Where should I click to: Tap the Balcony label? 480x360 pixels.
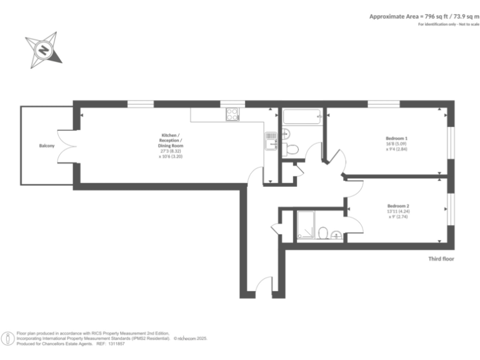click(x=46, y=146)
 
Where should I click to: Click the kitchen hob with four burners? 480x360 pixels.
click(x=232, y=114)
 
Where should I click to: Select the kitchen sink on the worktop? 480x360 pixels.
click(x=271, y=140)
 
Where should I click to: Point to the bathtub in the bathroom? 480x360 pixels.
click(x=301, y=116)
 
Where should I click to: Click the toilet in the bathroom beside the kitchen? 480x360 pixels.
click(x=291, y=149)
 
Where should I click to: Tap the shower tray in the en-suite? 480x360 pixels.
click(x=306, y=226)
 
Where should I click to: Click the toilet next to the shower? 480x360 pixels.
click(x=323, y=233)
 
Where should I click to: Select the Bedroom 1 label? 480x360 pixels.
click(x=396, y=138)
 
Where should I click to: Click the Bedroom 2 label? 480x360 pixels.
click(x=397, y=206)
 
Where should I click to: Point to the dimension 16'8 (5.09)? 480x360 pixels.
click(x=397, y=144)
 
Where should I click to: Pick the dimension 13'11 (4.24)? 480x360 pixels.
click(x=398, y=211)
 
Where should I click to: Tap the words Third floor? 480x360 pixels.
click(x=441, y=258)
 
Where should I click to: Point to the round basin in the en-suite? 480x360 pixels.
click(x=337, y=235)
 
